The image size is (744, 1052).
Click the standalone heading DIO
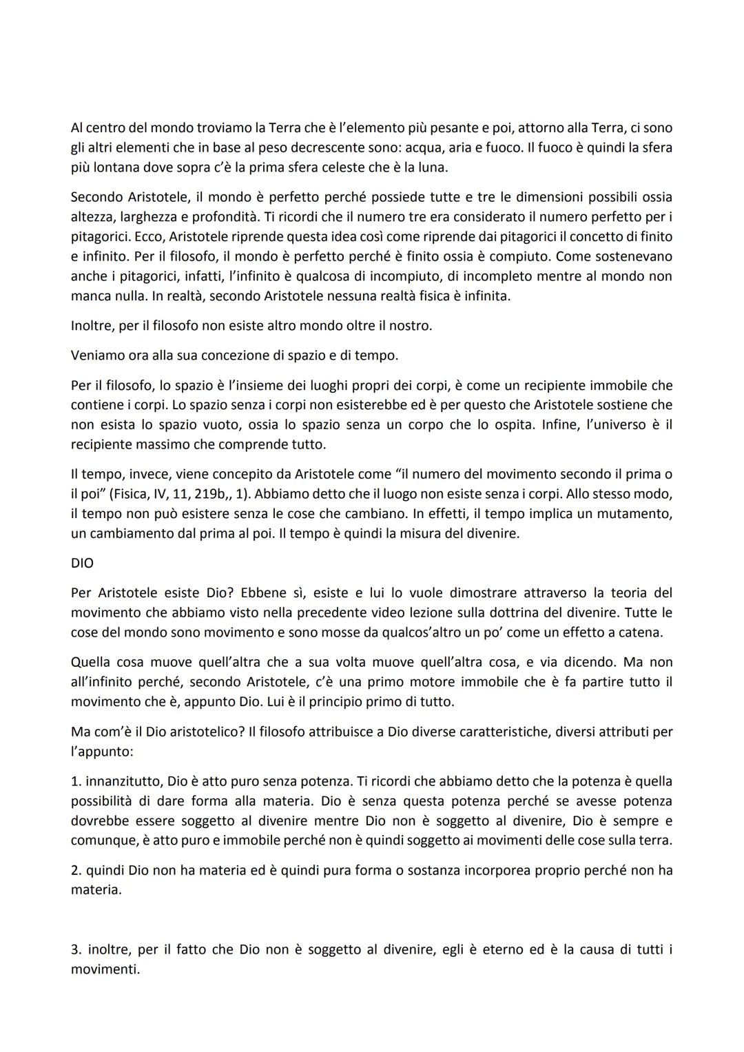[82, 563]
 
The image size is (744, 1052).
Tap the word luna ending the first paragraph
[432, 167]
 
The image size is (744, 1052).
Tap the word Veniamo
[94, 355]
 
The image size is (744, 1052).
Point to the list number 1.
[74, 781]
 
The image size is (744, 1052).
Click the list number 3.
[75, 949]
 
